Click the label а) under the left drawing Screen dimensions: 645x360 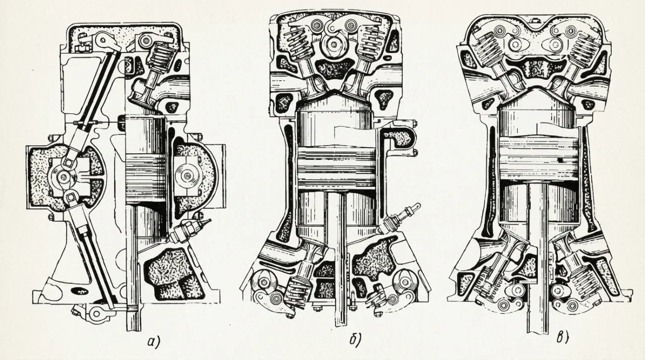tap(154, 343)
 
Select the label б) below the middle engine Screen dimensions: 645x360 tap(355, 340)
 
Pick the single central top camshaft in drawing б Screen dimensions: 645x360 tap(334, 44)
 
